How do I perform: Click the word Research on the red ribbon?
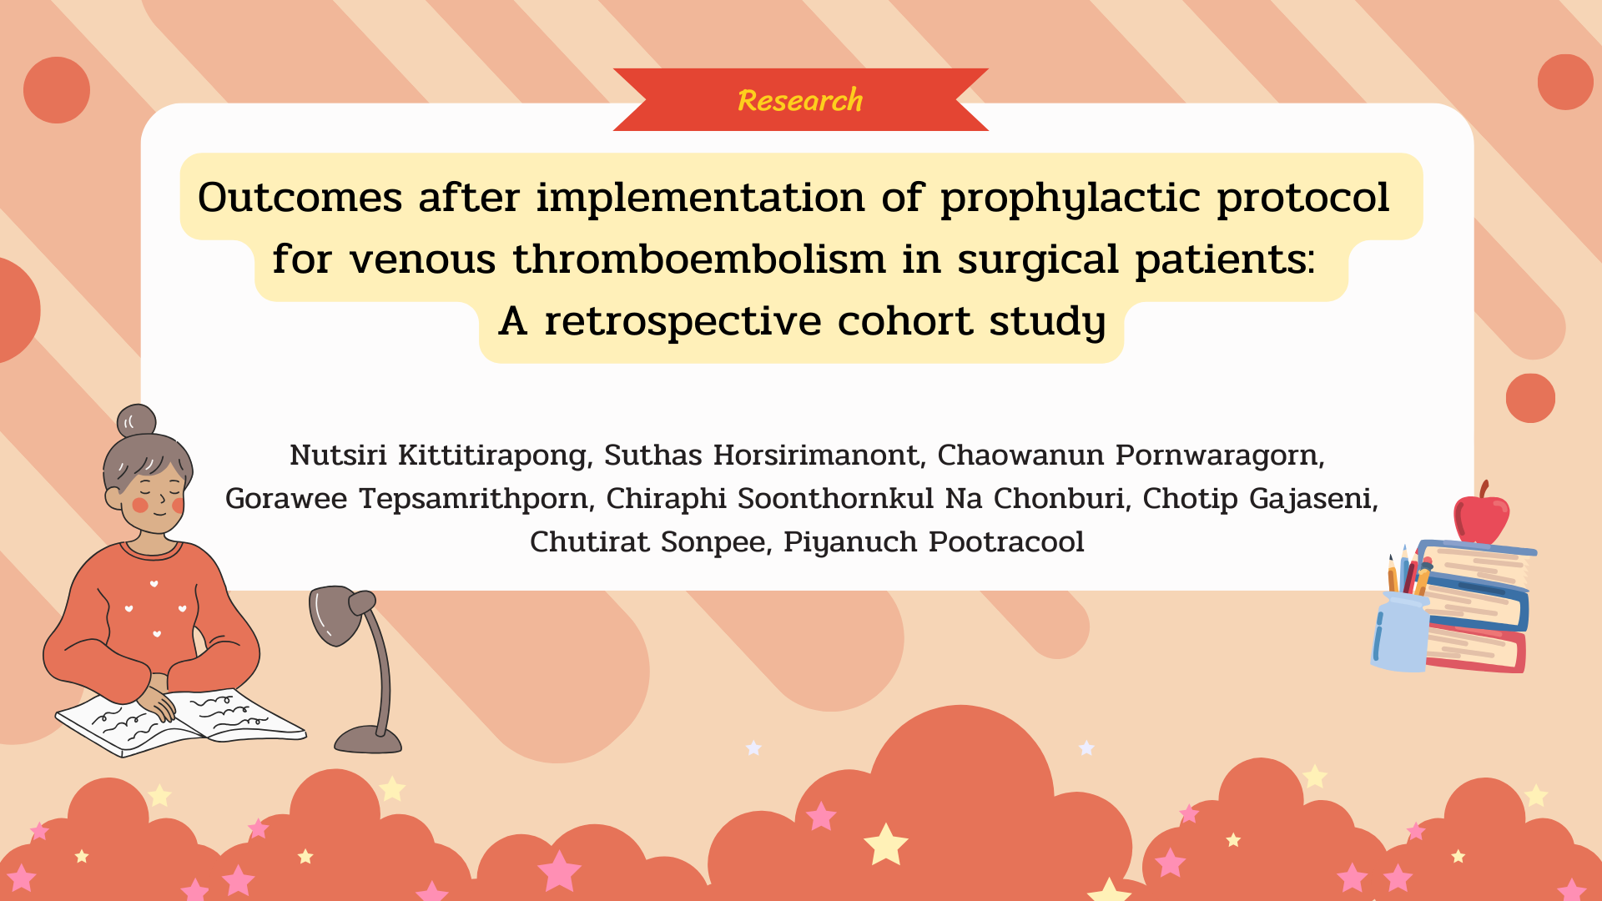[800, 100]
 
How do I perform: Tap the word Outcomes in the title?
[300, 198]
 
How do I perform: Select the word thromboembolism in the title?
[699, 259]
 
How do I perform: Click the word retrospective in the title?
[683, 322]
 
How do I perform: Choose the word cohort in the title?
[904, 320]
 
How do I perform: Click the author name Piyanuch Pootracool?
[934, 542]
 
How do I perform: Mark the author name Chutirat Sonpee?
[651, 542]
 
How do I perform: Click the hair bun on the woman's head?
[136, 421]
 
